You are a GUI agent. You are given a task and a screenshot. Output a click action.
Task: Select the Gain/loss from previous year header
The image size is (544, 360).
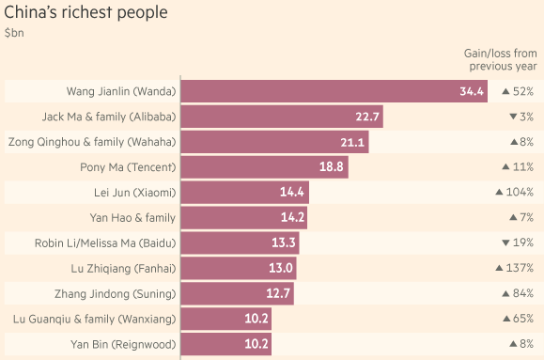502,60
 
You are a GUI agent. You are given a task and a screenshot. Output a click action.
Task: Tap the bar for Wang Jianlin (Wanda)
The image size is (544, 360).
334,91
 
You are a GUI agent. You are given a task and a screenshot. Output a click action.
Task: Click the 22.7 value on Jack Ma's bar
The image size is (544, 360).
367,117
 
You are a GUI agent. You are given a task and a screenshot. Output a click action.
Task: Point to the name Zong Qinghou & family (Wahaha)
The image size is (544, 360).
91,142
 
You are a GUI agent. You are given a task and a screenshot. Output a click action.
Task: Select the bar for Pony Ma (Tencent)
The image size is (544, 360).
264,167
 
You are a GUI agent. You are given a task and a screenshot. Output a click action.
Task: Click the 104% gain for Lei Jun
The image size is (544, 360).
520,193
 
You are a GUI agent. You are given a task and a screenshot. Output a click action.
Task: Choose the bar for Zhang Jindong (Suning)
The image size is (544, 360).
237,294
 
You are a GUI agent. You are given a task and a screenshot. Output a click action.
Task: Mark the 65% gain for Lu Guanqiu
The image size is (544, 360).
522,320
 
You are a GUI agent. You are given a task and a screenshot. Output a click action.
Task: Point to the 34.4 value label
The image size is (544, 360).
472,91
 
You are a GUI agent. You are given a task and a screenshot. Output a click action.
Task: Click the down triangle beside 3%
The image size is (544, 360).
511,117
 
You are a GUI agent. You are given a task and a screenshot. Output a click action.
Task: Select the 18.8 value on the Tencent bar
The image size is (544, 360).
332,167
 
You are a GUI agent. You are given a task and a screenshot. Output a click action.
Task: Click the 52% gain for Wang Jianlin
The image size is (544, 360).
522,91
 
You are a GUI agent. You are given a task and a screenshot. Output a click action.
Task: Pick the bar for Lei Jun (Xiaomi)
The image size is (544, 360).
244,193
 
